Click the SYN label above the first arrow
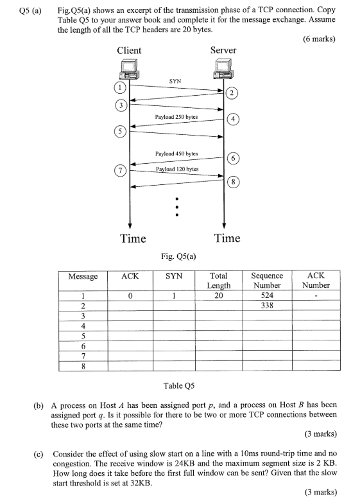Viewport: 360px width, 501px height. coord(175,82)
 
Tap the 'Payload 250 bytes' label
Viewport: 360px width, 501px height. coord(176,118)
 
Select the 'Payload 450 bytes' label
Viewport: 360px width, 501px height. coord(176,154)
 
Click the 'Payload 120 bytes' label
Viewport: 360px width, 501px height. coord(176,169)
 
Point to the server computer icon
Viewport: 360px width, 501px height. coord(223,69)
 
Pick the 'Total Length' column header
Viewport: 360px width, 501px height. coord(219,280)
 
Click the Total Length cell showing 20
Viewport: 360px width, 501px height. coord(219,296)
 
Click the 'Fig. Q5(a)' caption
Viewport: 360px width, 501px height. coord(179,256)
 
